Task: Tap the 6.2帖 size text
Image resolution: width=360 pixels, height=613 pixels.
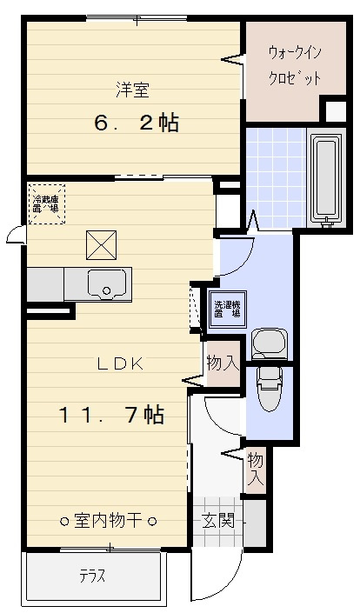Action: coord(137,123)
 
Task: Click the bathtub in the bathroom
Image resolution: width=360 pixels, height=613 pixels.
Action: coord(327,178)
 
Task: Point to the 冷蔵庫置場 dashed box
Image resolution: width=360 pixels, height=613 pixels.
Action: coord(45,203)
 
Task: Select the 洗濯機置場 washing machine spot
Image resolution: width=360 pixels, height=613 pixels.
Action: coord(229,309)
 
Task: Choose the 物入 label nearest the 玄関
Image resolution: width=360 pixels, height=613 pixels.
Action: coord(255,469)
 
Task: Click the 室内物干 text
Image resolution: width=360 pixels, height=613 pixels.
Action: coord(108,521)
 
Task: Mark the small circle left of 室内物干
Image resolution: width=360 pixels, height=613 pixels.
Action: coord(64,522)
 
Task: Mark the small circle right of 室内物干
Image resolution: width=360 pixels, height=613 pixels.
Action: coord(151,522)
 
